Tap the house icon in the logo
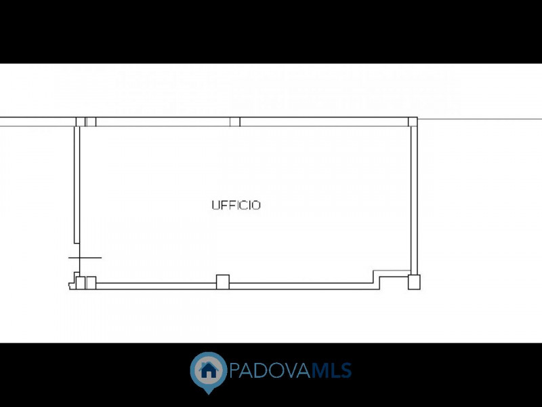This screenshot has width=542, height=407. coord(209,370)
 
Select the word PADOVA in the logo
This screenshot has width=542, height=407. coord(270,370)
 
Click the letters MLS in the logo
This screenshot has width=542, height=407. coord(332,370)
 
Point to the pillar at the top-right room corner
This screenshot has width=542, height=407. coord(413,122)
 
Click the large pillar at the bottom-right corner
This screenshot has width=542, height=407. coord(414,282)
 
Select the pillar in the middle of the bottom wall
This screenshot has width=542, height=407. coord(223,282)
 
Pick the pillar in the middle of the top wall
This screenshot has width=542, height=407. coord(235,122)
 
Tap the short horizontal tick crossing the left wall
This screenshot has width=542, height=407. coord(85,258)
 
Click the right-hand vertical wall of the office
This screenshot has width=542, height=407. coord(414,201)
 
